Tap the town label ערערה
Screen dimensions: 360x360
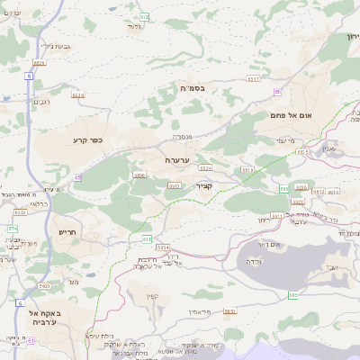coord(176,159)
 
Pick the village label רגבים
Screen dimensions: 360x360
coord(40,103)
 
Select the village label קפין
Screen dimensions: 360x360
coord(150,296)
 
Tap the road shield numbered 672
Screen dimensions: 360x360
coord(144,17)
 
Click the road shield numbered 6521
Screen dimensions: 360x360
coord(39,63)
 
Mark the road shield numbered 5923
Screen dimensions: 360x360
coord(44,286)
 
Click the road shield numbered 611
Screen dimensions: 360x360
coord(146,238)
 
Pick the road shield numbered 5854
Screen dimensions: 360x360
coord(163,247)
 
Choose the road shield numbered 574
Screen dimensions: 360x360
coord(13,229)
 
